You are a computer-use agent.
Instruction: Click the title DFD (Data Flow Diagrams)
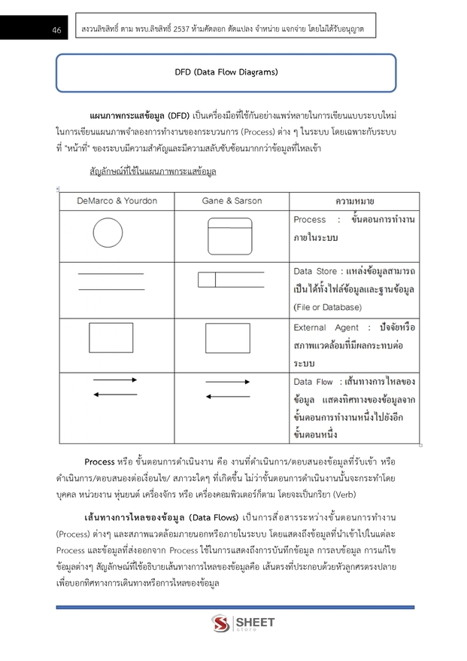click(x=226, y=72)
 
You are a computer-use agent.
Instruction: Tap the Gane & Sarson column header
click(x=232, y=201)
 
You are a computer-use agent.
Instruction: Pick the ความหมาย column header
click(x=355, y=202)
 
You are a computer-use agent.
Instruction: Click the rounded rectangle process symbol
click(x=230, y=235)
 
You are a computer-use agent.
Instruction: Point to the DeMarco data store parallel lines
click(x=111, y=281)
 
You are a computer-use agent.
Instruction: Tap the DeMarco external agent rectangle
click(x=111, y=338)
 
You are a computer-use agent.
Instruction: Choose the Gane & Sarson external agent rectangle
click(x=227, y=338)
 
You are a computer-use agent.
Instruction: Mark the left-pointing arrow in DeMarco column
click(x=115, y=394)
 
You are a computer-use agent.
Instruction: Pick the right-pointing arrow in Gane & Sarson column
click(x=228, y=382)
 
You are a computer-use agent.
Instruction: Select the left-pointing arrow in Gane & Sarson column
click(x=228, y=397)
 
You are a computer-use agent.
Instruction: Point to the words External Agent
click(x=326, y=327)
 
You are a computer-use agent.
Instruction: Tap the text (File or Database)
click(x=327, y=307)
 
